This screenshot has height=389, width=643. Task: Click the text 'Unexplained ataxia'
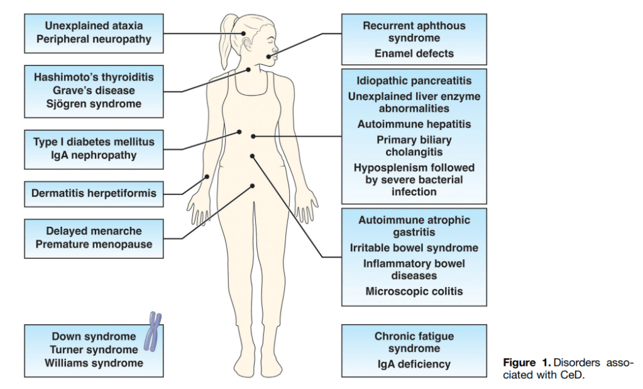click(94, 26)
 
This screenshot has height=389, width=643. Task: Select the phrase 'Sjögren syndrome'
click(94, 104)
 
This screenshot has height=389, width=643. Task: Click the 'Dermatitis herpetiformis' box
click(94, 194)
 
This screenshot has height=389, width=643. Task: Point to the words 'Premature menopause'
click(94, 245)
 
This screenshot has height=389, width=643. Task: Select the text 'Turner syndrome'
click(94, 349)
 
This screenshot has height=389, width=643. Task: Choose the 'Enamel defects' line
click(414, 53)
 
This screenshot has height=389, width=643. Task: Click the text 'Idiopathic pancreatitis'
click(414, 81)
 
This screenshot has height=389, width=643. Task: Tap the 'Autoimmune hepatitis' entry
click(414, 124)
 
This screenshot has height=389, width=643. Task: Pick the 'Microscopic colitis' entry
click(414, 292)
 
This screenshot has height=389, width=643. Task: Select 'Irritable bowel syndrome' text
click(414, 248)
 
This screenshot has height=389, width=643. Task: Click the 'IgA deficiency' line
click(414, 364)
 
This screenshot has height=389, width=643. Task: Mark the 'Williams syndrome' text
click(94, 363)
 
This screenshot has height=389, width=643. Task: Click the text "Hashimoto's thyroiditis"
click(94, 77)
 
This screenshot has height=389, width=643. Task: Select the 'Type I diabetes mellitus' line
click(94, 142)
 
